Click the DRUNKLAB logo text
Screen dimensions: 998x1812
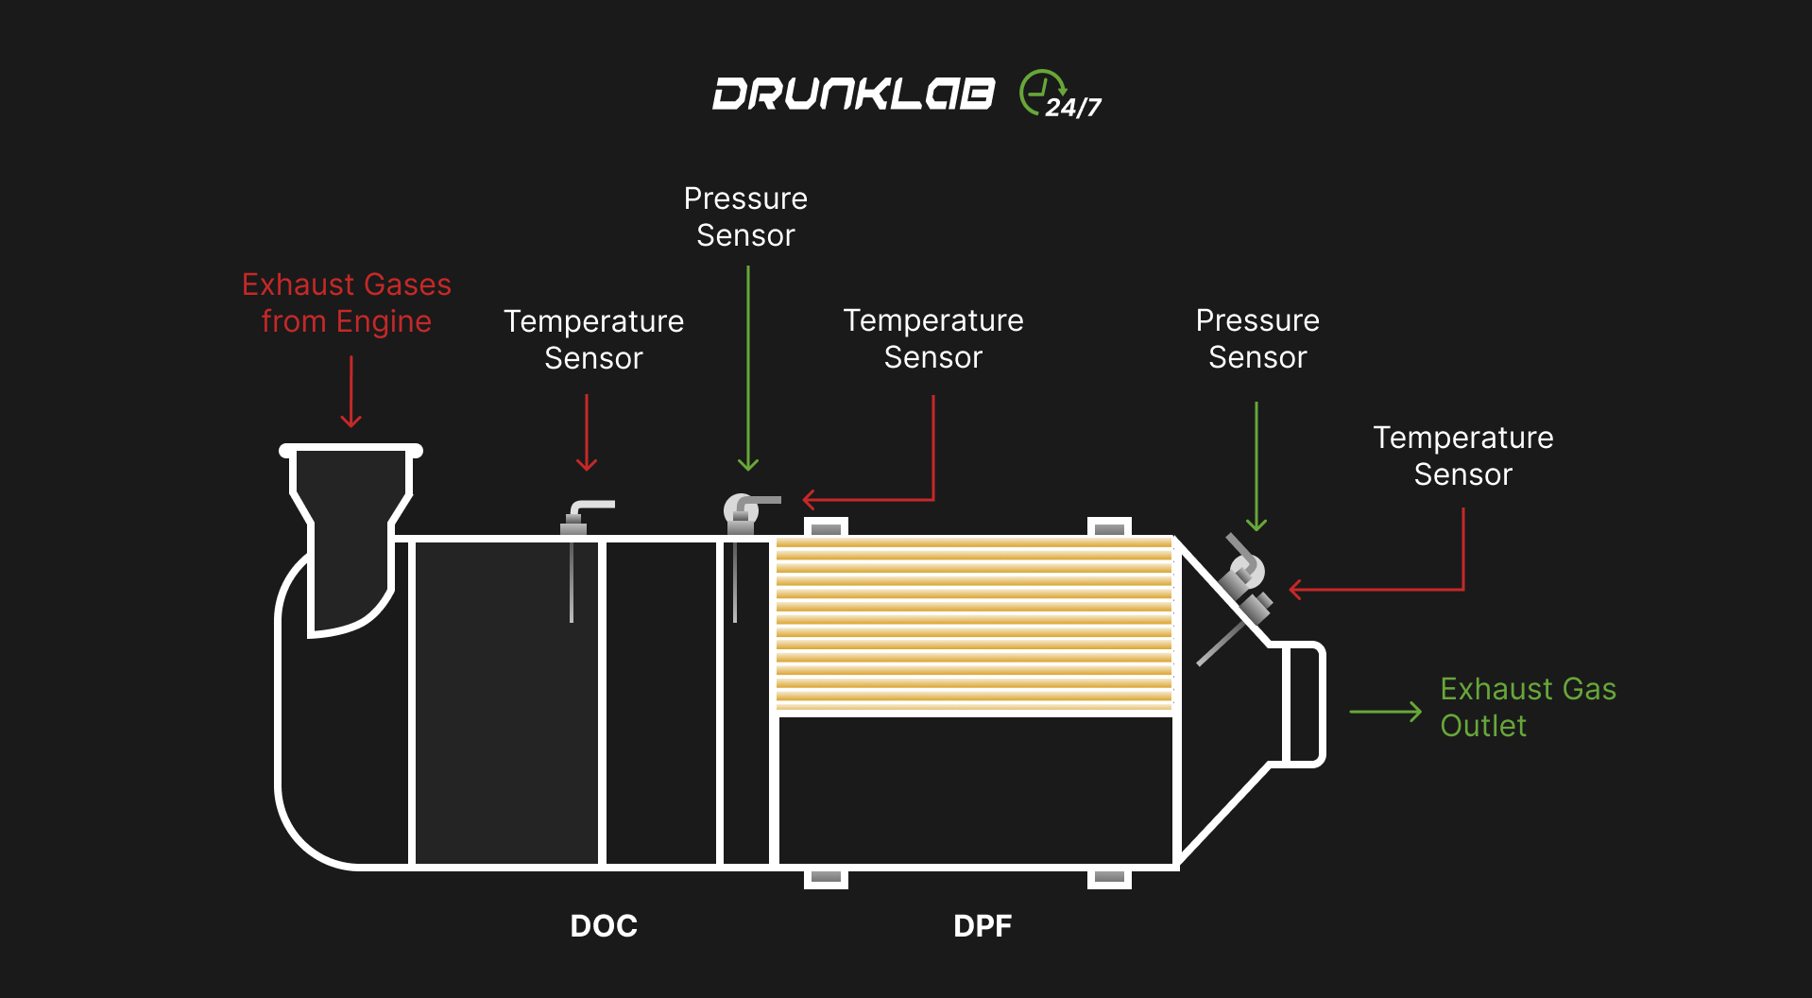coord(853,94)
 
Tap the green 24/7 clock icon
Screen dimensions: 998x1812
coord(1042,93)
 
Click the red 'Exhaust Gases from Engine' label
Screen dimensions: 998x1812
coord(347,302)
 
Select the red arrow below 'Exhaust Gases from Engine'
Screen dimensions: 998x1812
coord(351,391)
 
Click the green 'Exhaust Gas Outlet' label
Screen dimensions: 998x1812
coord(1527,707)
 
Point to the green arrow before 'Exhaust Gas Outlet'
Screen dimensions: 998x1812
coord(1385,712)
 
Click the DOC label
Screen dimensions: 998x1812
coord(604,925)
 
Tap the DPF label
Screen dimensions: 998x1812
coord(982,925)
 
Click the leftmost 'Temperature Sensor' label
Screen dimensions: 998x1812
coord(593,339)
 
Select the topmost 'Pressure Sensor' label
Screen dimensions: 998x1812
coord(745,216)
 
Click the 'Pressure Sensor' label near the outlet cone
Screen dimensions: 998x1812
coord(1256,338)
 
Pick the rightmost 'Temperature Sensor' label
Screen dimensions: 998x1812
coord(1462,456)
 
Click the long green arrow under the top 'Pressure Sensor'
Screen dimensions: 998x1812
coord(748,369)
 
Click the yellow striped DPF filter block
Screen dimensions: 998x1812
coord(973,624)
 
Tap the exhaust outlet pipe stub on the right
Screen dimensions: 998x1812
coord(1303,704)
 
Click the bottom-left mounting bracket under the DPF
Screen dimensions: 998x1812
coord(826,878)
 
